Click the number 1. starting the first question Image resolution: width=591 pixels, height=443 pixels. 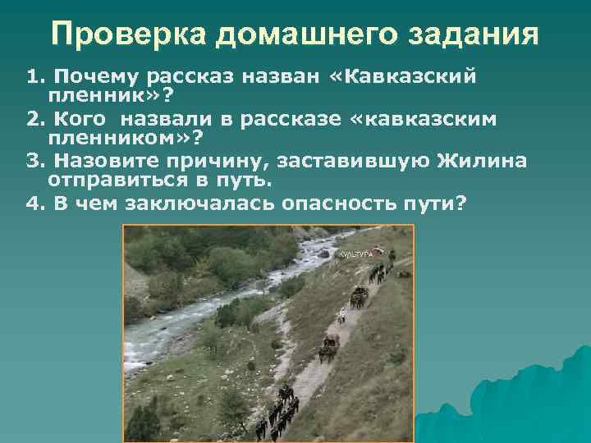[x=34, y=78]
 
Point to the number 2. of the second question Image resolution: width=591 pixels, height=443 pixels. [x=34, y=121]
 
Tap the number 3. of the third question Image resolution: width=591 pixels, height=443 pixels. [x=34, y=160]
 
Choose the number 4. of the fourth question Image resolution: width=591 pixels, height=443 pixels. [x=34, y=203]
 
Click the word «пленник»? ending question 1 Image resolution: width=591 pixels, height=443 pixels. [x=94, y=96]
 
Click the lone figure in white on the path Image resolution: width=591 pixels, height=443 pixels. [x=341, y=314]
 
